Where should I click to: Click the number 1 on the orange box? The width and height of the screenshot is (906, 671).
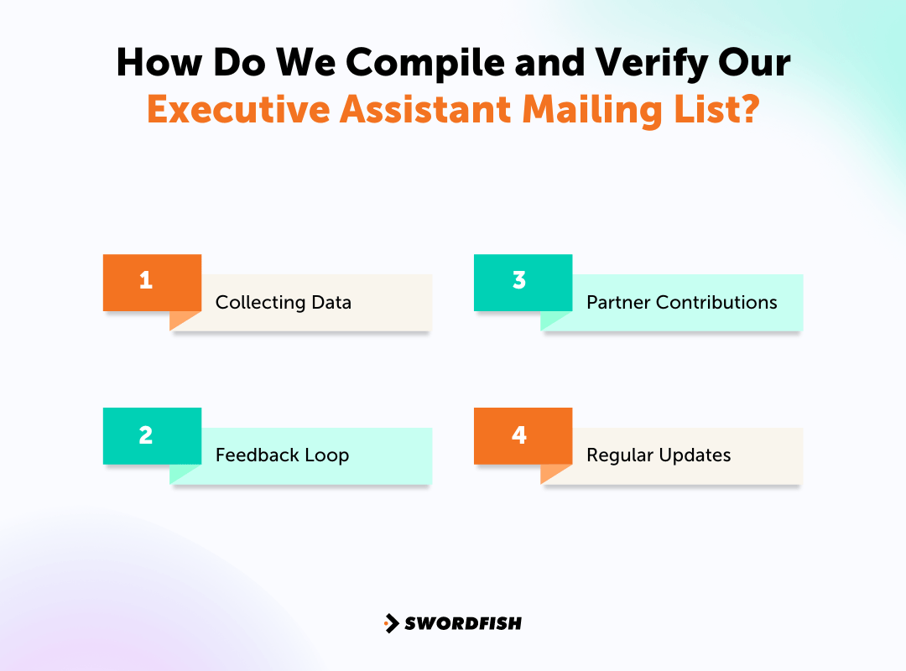click(146, 280)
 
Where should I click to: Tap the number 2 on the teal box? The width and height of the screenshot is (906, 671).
click(146, 434)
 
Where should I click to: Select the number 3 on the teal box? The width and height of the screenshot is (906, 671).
click(519, 280)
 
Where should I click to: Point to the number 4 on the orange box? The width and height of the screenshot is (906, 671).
click(519, 434)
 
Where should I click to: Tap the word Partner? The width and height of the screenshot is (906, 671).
click(618, 302)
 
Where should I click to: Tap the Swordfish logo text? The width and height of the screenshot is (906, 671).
click(463, 623)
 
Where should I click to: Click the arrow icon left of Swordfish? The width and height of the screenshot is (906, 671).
click(391, 623)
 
